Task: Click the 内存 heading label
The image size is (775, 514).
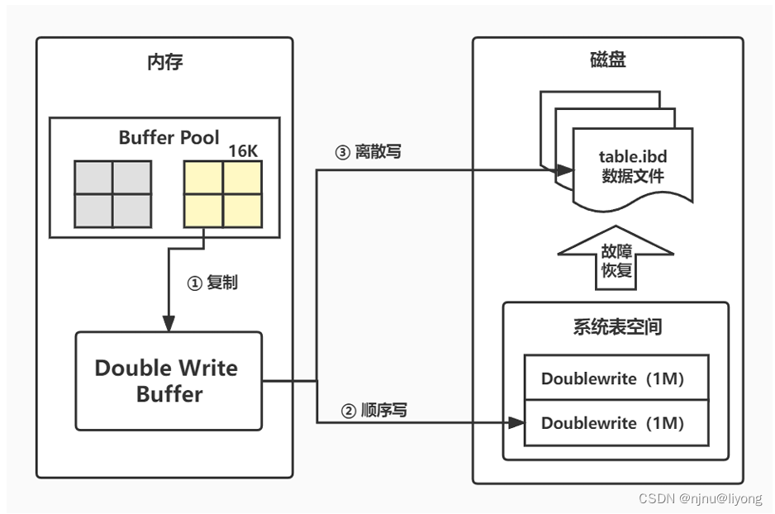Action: tap(164, 62)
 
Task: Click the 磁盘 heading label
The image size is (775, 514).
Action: tap(607, 62)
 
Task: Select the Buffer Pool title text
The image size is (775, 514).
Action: tap(169, 137)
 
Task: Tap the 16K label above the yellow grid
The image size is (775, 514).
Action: tap(243, 150)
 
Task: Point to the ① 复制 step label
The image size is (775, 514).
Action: tap(212, 283)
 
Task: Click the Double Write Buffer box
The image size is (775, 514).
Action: tap(169, 380)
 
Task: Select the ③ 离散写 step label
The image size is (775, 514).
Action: tap(368, 152)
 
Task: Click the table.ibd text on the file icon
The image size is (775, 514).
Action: tap(632, 157)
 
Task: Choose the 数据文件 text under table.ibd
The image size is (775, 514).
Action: tap(632, 176)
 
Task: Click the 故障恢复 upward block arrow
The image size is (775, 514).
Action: tap(616, 260)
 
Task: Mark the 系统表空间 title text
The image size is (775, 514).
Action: tap(616, 326)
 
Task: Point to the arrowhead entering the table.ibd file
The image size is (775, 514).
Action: tap(565, 170)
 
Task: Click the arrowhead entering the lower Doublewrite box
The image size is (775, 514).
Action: tap(517, 423)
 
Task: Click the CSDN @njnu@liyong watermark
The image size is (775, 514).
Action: tap(701, 499)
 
